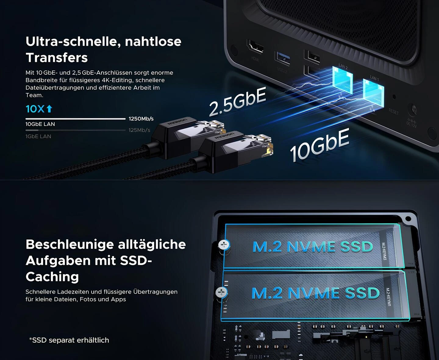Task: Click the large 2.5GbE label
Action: point(237,102)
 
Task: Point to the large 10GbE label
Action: point(319,144)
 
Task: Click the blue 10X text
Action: point(35,109)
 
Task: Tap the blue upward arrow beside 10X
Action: point(49,109)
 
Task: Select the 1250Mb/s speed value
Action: point(141,119)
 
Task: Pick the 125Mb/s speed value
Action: point(139,130)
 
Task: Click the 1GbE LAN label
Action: point(38,136)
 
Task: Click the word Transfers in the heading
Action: point(57,58)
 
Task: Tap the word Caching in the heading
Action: point(52,276)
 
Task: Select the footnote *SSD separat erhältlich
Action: point(69,340)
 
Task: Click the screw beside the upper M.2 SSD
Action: point(224,244)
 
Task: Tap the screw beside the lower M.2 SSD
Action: point(221,293)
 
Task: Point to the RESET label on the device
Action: point(393,112)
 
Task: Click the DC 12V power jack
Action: point(414,109)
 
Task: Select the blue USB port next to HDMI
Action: point(283,58)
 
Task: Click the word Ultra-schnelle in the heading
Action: point(73,41)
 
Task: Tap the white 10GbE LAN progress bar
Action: point(75,119)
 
